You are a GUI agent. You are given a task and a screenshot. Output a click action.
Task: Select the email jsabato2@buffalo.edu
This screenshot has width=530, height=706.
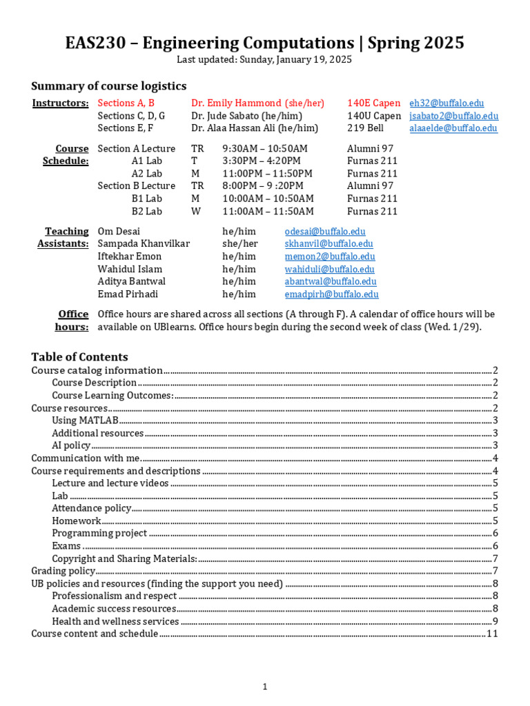coord(453,116)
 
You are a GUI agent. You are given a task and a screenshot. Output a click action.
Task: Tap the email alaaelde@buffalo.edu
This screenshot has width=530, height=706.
coord(453,128)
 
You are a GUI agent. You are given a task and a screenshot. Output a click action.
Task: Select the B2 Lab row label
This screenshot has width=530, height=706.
coord(147,212)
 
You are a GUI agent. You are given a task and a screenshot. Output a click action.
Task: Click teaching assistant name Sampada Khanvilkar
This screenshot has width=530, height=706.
coord(144,244)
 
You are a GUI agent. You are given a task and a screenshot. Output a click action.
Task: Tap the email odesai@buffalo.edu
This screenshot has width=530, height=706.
coord(325,232)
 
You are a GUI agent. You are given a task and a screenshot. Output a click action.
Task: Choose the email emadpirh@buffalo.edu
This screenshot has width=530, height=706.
coord(331,294)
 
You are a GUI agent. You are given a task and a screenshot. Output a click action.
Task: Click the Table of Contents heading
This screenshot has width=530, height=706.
coord(79,357)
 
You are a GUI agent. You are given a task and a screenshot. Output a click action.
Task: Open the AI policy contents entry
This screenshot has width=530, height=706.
coord(71,445)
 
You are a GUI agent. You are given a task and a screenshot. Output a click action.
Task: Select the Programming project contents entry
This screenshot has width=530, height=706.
coord(99,533)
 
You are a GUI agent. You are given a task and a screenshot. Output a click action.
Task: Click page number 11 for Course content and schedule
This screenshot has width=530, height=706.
coord(492,634)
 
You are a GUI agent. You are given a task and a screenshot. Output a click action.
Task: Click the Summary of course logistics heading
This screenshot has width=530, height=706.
coord(108,86)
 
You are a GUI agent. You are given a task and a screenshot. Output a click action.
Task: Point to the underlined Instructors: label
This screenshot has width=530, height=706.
coord(61,103)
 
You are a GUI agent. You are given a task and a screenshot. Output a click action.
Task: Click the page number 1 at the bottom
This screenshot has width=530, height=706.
coord(264,686)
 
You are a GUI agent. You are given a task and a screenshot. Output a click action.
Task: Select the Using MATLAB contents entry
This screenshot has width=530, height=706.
coord(85,421)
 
